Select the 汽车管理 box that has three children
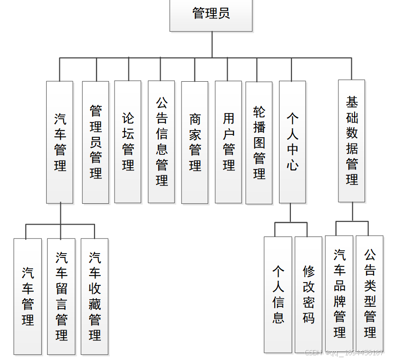tap(60, 142)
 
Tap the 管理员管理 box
tap(96, 142)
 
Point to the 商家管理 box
tap(195, 142)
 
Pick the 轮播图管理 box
tap(259, 142)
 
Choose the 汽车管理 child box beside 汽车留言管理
tap(28, 296)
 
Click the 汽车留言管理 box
tap(61, 296)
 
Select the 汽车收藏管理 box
tap(95, 296)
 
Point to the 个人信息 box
tap(278, 294)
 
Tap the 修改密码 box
tap(308, 294)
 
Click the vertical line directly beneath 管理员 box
tap(212, 45)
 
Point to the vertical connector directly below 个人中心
tap(290, 213)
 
